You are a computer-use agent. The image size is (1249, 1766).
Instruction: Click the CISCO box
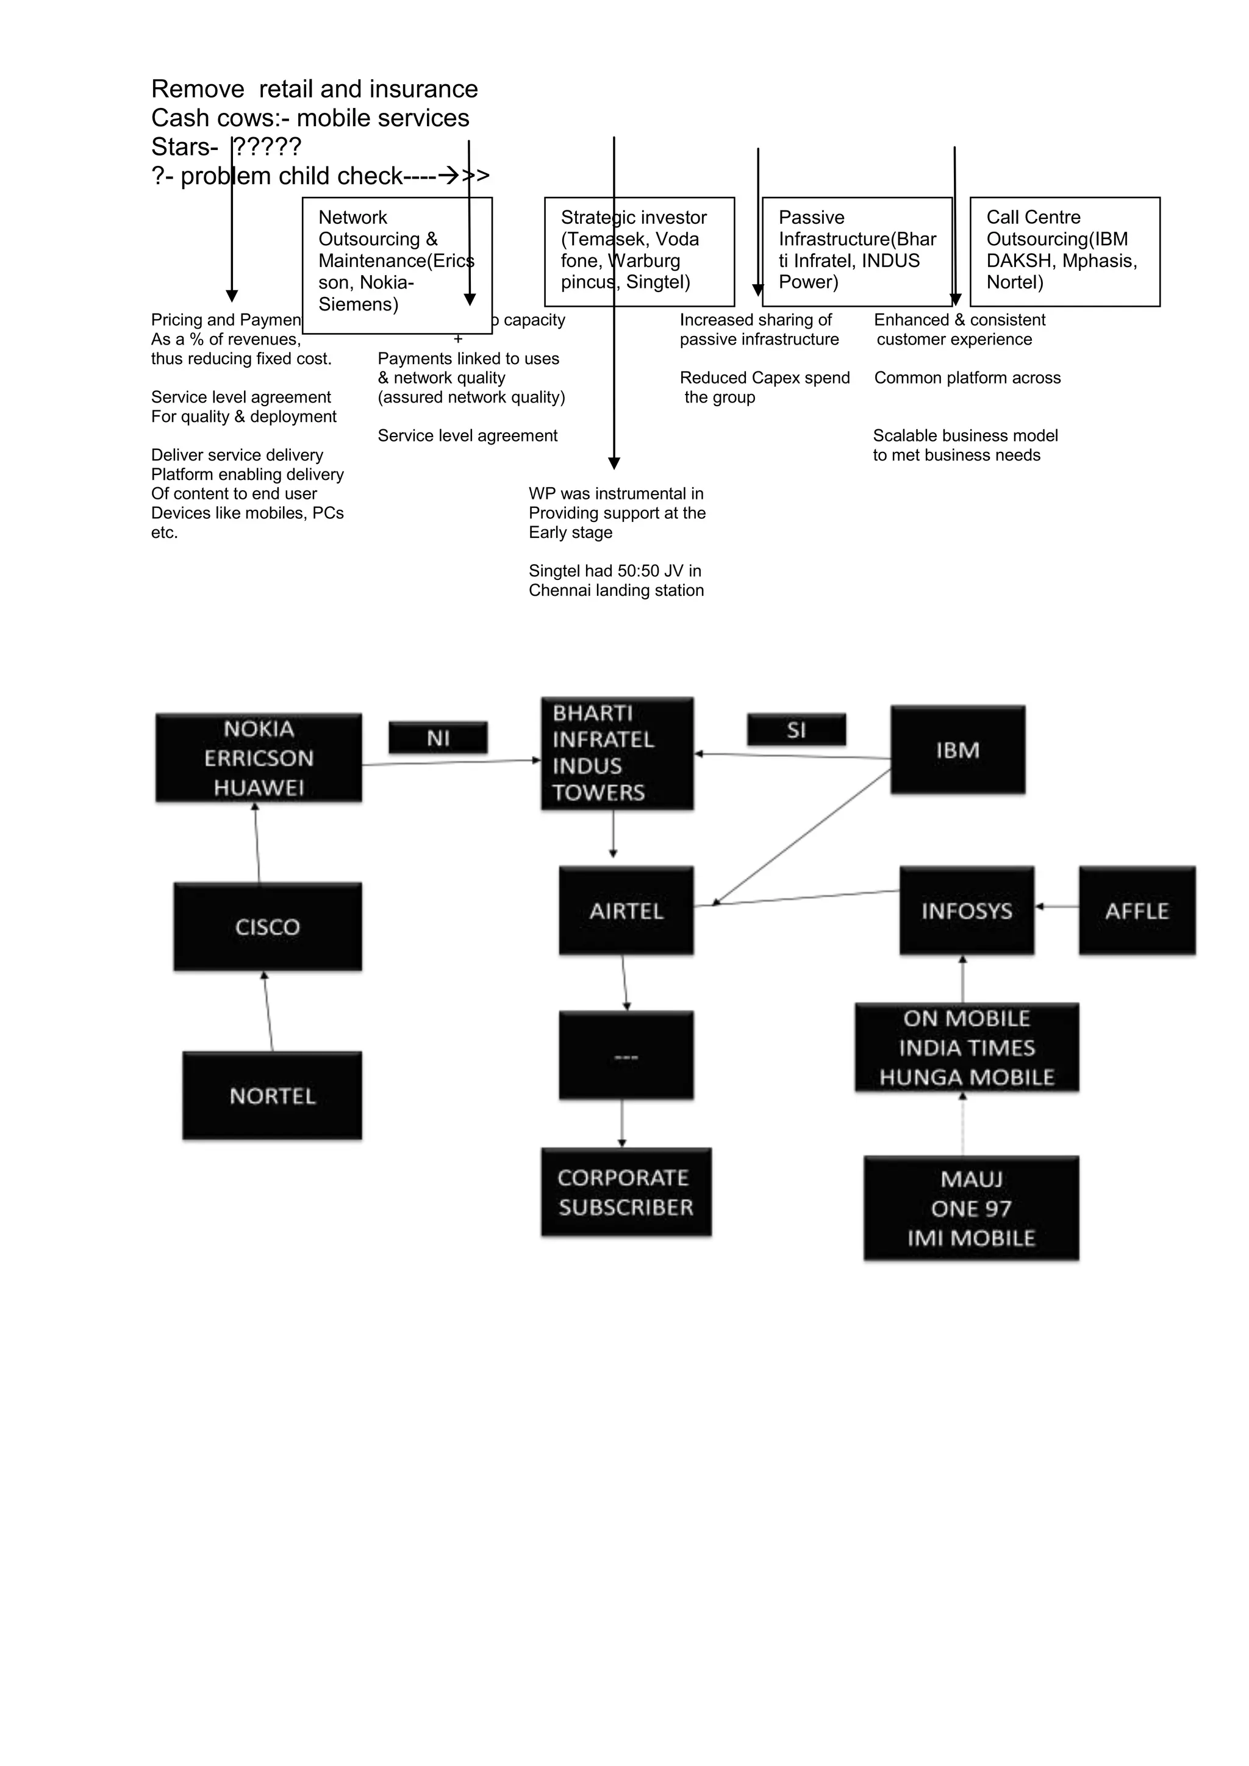tap(268, 926)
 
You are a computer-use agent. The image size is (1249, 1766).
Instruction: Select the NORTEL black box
tap(272, 1095)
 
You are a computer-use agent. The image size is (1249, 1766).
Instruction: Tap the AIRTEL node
tap(626, 910)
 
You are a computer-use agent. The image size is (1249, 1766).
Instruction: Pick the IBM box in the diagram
tap(957, 749)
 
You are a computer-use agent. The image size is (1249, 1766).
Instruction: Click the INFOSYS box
tap(967, 910)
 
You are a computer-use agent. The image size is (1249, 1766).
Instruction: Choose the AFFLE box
tap(1137, 910)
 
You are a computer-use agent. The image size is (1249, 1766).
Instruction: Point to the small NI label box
tap(438, 738)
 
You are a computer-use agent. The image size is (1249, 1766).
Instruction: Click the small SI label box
tap(796, 729)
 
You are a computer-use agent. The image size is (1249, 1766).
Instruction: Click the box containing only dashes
tap(626, 1056)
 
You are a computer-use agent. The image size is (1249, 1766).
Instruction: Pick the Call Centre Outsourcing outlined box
tap(1064, 251)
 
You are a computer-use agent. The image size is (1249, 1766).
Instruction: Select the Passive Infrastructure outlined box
tap(857, 251)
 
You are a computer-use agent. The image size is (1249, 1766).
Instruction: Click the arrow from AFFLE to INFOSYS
tap(1057, 907)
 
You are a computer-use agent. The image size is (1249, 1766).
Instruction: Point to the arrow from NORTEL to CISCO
tap(268, 1012)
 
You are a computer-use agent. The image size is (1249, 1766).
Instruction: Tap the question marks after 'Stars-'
tap(268, 146)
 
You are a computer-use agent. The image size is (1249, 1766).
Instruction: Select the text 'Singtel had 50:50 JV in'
tap(615, 571)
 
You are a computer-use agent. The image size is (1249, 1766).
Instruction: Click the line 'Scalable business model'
tap(965, 435)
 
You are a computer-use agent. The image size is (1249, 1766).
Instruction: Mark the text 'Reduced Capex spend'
tap(765, 377)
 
